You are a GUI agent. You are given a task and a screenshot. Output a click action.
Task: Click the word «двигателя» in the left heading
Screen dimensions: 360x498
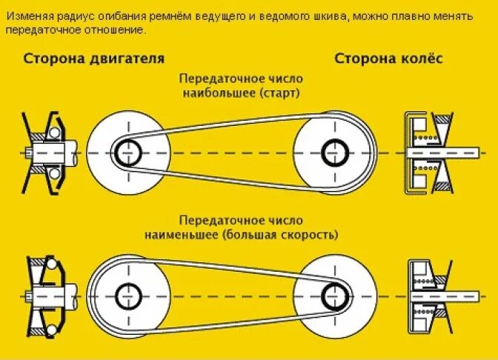tap(125, 59)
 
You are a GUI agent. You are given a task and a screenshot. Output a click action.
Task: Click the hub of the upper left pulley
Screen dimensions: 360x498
tap(127, 151)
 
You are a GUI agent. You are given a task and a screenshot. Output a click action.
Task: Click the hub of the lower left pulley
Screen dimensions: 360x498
tap(127, 296)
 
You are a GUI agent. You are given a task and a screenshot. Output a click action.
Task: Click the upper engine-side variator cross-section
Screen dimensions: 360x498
tap(46, 151)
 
